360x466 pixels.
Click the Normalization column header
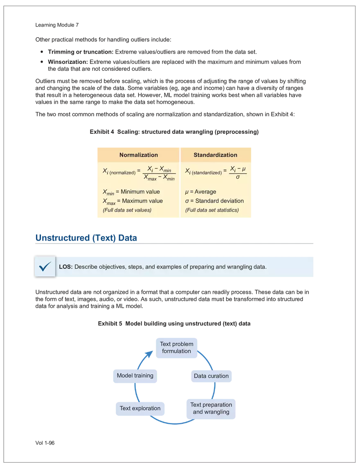click(138, 155)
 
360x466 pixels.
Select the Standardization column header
click(215, 155)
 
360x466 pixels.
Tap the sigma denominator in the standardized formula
click(238, 178)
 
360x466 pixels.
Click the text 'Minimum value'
click(140, 191)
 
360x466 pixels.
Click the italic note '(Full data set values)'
click(127, 210)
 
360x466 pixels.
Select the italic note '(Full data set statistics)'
click(212, 210)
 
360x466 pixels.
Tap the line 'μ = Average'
click(200, 191)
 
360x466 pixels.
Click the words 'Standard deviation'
click(219, 201)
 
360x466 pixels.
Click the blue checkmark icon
click(45, 267)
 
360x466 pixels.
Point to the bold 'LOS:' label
click(66, 267)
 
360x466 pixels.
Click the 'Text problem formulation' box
click(176, 348)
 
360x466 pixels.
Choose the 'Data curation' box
click(211, 376)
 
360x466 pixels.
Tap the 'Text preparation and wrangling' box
click(211, 408)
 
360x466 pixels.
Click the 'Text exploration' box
click(140, 408)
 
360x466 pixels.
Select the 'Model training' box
click(135, 376)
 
